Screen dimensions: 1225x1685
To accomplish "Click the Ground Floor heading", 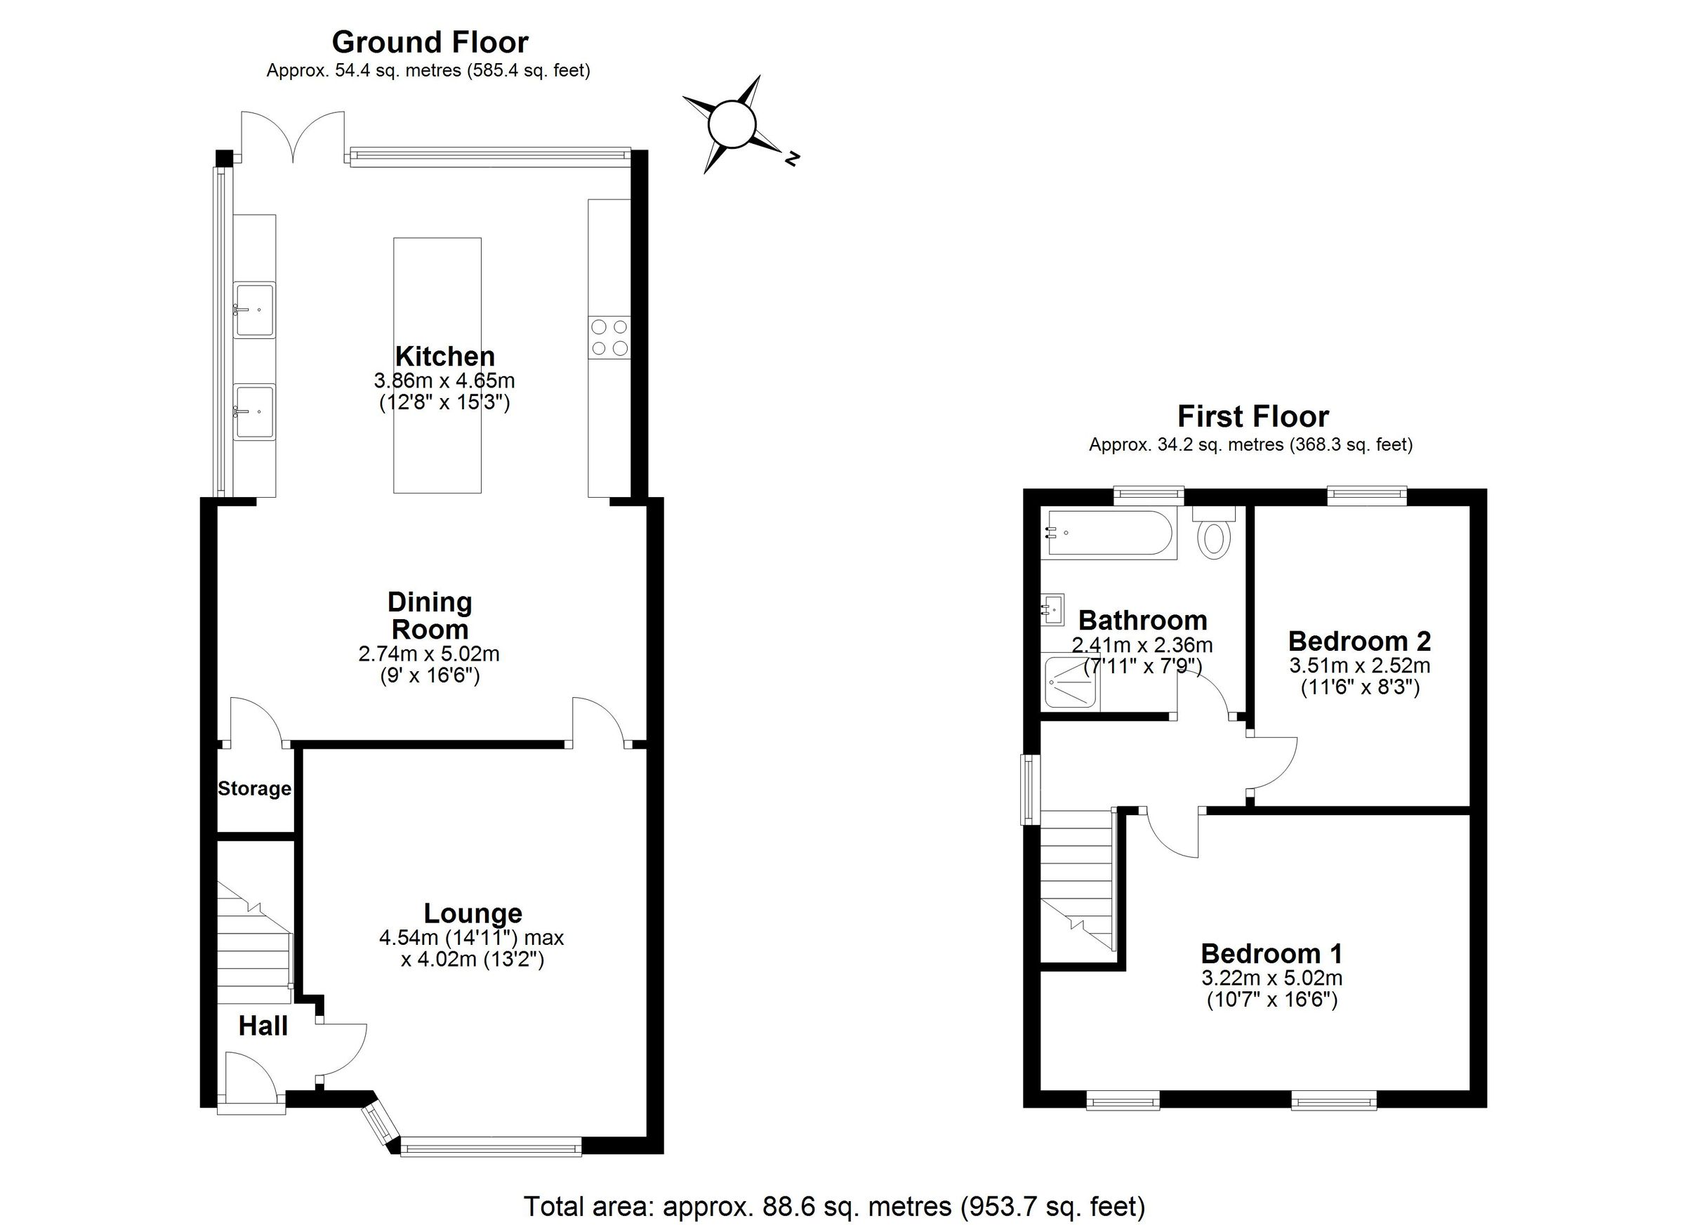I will point(430,42).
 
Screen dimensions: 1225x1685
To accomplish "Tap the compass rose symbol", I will point(732,126).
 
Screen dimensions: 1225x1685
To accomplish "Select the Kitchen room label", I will point(444,356).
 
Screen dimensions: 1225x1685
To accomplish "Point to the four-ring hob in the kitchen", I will point(609,336).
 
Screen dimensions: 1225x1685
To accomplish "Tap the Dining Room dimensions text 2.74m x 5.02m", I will point(429,654).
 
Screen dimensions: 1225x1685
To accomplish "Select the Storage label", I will point(254,788).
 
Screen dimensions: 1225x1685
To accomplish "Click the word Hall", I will point(263,1026).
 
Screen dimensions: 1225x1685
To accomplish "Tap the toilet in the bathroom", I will point(1214,536).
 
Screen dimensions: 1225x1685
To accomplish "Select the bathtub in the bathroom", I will point(1108,534).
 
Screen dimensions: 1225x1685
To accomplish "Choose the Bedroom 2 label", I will point(1359,640).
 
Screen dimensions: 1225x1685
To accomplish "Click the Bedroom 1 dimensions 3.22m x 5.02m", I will point(1271,978).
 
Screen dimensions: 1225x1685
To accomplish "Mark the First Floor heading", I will point(1253,416).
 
